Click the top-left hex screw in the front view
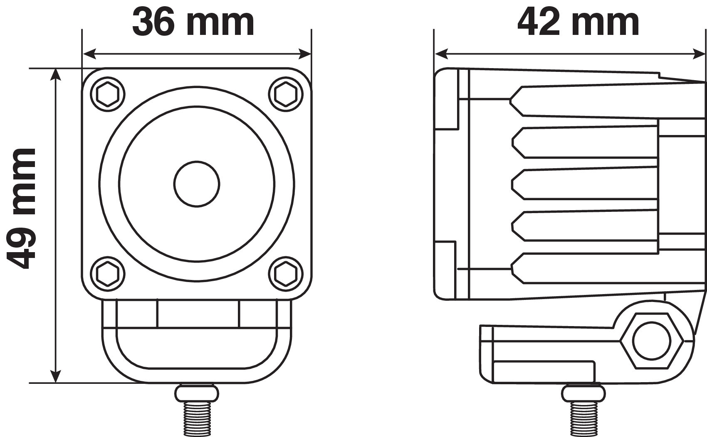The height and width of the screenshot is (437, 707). (x=108, y=94)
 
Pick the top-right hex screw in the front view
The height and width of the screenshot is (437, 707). (x=286, y=94)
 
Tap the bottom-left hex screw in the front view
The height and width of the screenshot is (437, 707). (x=108, y=273)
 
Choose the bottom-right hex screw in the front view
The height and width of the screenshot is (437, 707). (x=286, y=273)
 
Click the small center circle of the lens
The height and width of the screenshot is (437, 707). (x=197, y=184)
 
